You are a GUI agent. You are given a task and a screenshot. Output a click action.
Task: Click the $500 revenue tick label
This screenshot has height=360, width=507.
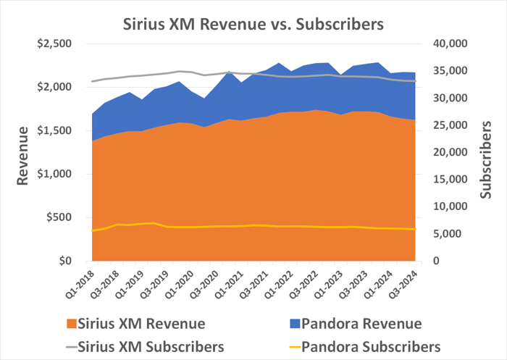(x=58, y=217)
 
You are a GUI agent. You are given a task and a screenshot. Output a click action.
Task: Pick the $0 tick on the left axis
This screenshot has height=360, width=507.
(x=64, y=261)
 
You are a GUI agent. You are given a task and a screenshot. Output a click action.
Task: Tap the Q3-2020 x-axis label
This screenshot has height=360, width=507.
(x=202, y=280)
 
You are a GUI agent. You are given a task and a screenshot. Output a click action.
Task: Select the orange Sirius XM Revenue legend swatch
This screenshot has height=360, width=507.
(x=71, y=324)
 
